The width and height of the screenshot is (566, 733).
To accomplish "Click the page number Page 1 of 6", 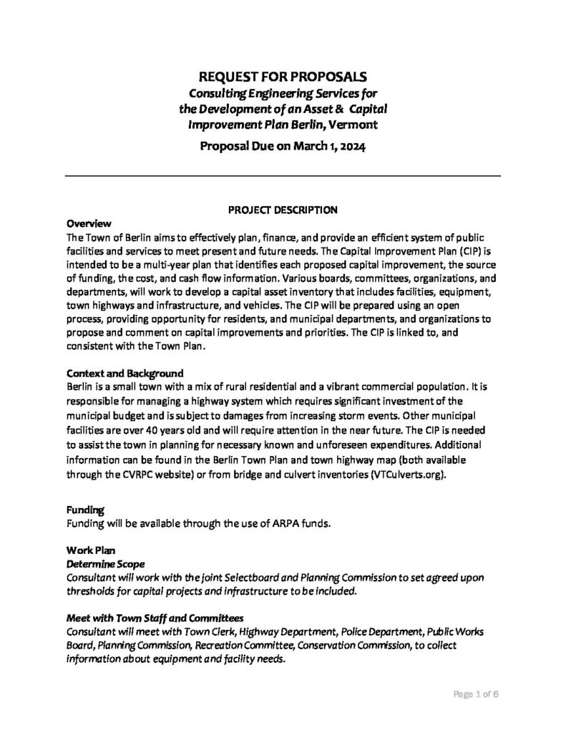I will pos(474,694).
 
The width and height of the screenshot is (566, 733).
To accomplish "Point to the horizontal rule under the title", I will pos(283,175).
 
